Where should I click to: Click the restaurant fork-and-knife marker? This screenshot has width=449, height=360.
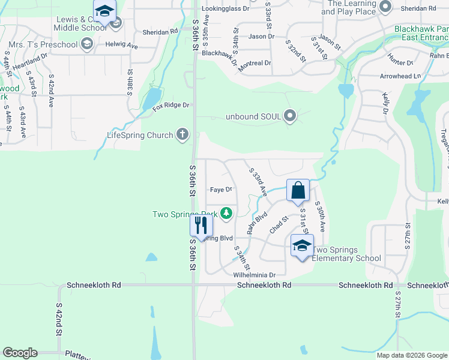pyautogui.click(x=201, y=226)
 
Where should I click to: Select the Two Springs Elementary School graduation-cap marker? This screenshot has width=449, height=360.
pyautogui.click(x=302, y=246)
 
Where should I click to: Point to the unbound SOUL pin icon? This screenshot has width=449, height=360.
pyautogui.click(x=291, y=116)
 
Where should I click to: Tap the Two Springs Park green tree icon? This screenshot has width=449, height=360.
pyautogui.click(x=226, y=213)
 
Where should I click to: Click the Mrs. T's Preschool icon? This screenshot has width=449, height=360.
pyautogui.click(x=87, y=44)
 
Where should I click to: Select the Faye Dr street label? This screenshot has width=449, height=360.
pyautogui.click(x=221, y=190)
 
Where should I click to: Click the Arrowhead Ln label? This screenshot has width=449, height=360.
pyautogui.click(x=400, y=76)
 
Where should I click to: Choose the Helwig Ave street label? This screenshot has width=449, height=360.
pyautogui.click(x=123, y=46)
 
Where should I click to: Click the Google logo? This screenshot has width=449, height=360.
pyautogui.click(x=20, y=353)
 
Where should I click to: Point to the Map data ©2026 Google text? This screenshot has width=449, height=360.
pyautogui.click(x=411, y=355)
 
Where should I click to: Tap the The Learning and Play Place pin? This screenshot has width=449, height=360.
pyautogui.click(x=386, y=7)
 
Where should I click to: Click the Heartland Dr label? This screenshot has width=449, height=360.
pyautogui.click(x=30, y=61)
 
